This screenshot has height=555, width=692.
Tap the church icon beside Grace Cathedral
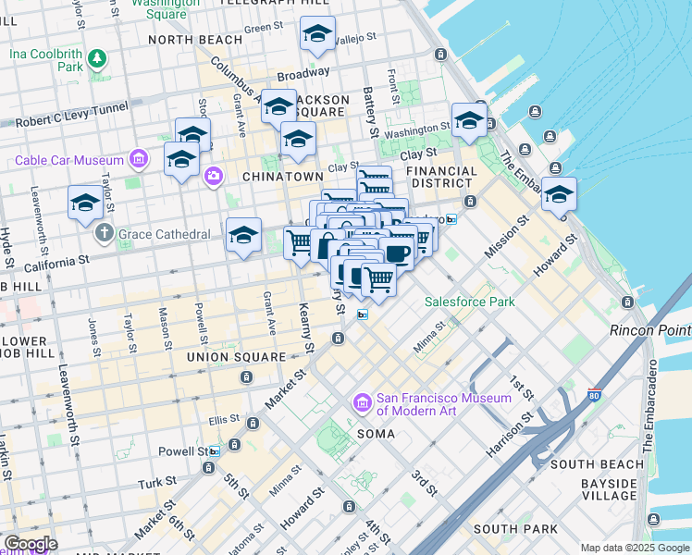pos(104,234)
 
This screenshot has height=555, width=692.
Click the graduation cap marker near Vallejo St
pos(317,34)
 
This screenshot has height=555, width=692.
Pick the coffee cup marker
pos(397,253)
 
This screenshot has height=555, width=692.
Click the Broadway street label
pos(303,73)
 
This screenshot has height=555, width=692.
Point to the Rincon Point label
pos(649,330)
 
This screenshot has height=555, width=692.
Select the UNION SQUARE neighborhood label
pos(236,357)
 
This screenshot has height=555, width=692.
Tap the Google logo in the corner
pos(30,544)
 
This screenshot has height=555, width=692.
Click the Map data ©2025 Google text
pos(634,548)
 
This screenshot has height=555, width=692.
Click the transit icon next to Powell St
pos(215,451)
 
